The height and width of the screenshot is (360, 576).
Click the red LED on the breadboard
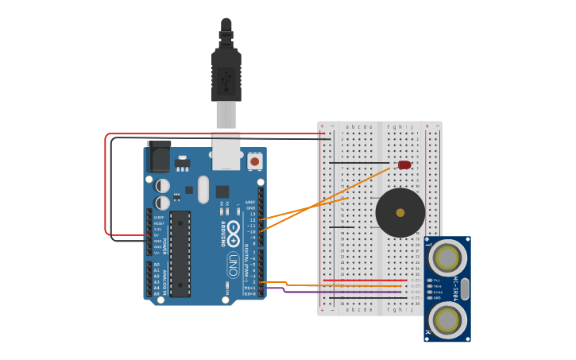click(404, 165)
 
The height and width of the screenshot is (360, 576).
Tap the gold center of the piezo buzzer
click(400, 213)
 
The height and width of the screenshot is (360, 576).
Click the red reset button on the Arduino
click(255, 161)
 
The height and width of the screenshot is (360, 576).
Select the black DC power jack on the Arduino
click(159, 156)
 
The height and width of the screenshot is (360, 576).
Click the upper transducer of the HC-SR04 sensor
click(447, 257)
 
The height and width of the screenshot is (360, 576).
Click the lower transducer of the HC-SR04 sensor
click(447, 320)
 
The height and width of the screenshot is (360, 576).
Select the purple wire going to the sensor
click(342, 292)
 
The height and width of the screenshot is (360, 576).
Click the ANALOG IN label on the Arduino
click(165, 281)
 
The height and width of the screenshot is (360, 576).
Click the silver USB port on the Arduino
click(226, 150)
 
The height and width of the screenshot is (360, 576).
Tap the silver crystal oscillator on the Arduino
click(203, 190)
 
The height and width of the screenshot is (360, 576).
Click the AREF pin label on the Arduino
click(250, 202)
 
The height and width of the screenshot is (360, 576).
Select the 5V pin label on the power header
click(157, 235)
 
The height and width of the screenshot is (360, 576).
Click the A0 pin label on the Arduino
click(157, 265)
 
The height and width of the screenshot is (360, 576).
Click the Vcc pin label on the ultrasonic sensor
click(436, 281)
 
